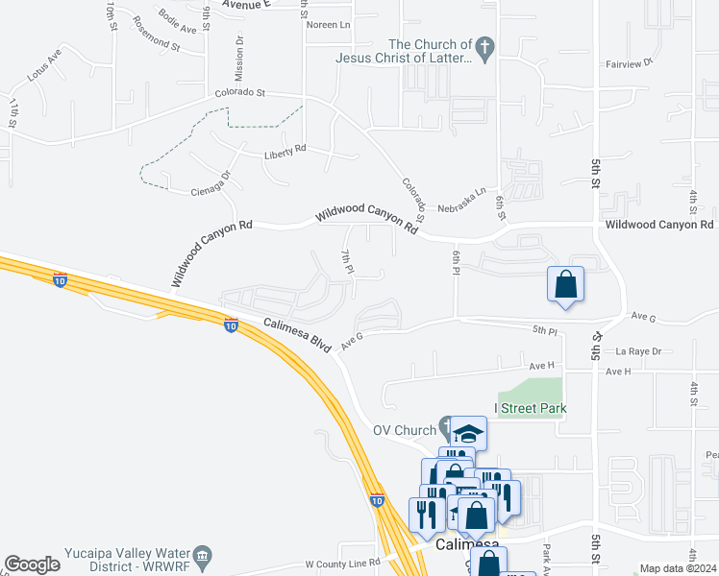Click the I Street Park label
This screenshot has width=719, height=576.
(x=531, y=408)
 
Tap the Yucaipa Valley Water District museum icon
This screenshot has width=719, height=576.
(x=202, y=555)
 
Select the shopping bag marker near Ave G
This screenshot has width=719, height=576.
(x=566, y=284)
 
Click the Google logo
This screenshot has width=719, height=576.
(x=33, y=564)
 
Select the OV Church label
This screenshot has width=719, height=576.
(x=405, y=429)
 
